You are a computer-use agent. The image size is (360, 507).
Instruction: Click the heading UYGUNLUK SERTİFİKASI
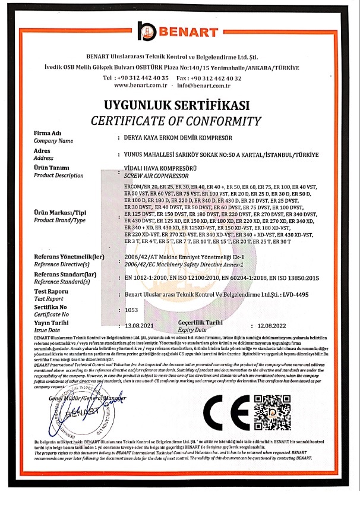(179, 106)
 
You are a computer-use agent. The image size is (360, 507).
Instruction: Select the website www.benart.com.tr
(140, 86)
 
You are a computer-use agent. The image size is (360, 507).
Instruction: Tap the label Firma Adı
(49, 134)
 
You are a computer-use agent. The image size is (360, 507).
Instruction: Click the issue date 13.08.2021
(140, 326)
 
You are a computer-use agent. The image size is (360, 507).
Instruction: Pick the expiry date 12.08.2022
(272, 326)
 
